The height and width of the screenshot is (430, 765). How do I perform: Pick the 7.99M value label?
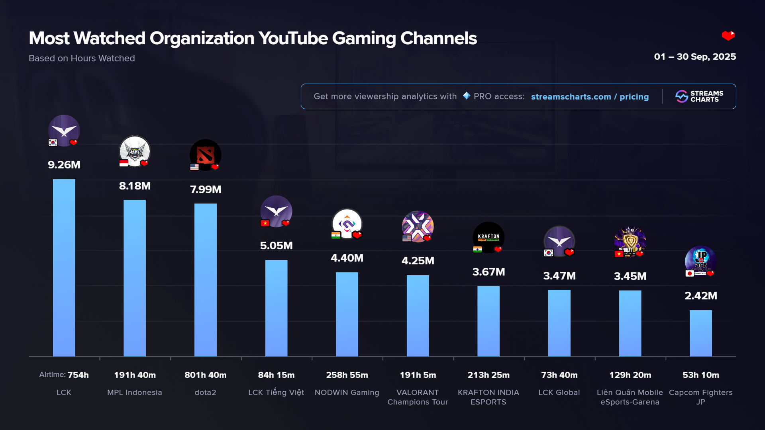click(x=206, y=190)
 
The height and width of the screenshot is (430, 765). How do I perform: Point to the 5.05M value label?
click(x=276, y=246)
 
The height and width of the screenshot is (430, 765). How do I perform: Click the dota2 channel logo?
click(x=206, y=155)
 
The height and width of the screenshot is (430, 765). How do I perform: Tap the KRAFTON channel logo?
click(x=488, y=237)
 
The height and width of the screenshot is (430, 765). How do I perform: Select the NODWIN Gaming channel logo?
click(x=347, y=224)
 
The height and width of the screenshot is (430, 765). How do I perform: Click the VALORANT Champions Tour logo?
click(x=418, y=227)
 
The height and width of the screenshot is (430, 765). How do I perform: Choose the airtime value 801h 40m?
click(x=206, y=375)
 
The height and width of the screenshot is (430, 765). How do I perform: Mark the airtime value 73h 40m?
click(x=559, y=375)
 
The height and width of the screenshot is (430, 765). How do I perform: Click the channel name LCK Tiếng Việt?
click(x=276, y=393)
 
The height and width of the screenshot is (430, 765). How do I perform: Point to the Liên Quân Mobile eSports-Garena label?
click(x=630, y=397)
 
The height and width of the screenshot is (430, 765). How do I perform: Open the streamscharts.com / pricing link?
click(x=590, y=97)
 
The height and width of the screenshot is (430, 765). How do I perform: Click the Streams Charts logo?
click(x=699, y=96)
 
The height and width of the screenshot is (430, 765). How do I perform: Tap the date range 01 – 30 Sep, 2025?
click(x=695, y=57)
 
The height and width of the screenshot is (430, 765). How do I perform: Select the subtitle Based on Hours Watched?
click(x=82, y=59)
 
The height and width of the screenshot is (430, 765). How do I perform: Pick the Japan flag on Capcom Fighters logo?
click(x=690, y=274)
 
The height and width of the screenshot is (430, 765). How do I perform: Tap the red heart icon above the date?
click(x=728, y=36)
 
